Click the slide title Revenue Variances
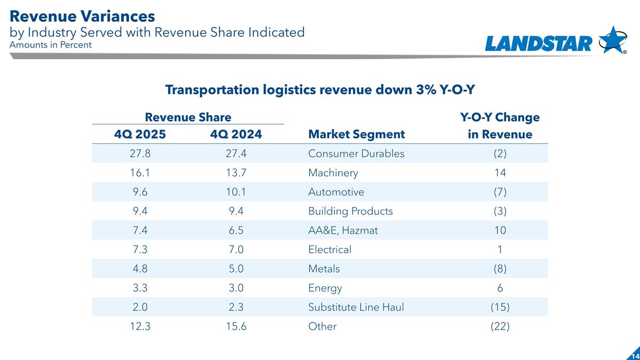coord(83,16)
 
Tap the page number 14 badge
coord(635,355)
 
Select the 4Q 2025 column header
coord(140,134)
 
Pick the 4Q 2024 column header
coord(236,134)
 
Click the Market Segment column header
coord(356,134)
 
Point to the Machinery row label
coord(333,173)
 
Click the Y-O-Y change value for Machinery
coord(500,173)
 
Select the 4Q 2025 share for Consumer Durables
coord(140,154)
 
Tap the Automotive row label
coord(336,192)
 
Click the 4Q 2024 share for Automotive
coord(236,192)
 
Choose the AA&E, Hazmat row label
coord(343,230)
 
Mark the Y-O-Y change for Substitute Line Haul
coord(500,307)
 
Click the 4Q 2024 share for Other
coord(236,326)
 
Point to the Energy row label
coord(325,288)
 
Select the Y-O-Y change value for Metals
coord(500,269)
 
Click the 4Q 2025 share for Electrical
coord(140,250)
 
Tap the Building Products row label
coord(350,211)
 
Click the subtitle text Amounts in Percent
coord(51,45)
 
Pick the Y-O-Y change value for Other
coord(500,326)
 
